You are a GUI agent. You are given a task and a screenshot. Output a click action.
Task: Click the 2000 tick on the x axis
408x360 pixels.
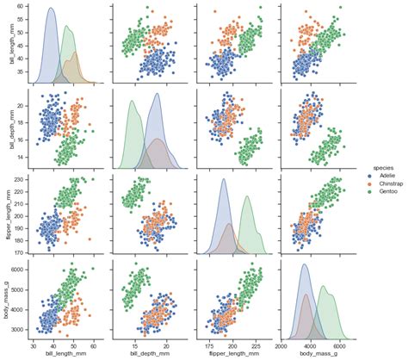[285, 344]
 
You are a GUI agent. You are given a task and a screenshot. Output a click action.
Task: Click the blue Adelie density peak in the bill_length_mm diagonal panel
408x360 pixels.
[51, 9]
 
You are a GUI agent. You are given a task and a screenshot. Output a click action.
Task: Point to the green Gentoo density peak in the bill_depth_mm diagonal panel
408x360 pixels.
[133, 102]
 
